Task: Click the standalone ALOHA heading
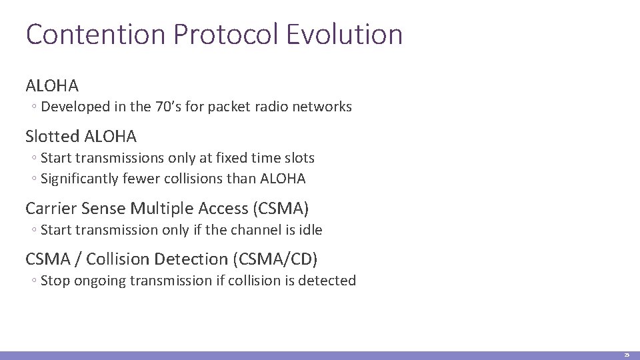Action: (x=52, y=86)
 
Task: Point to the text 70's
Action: (x=171, y=107)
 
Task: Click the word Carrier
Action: (x=51, y=209)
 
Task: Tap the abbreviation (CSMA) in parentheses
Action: (x=280, y=209)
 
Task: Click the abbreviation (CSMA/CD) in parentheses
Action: (x=285, y=259)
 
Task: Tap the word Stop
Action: (x=55, y=281)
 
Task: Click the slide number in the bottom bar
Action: (x=627, y=356)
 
